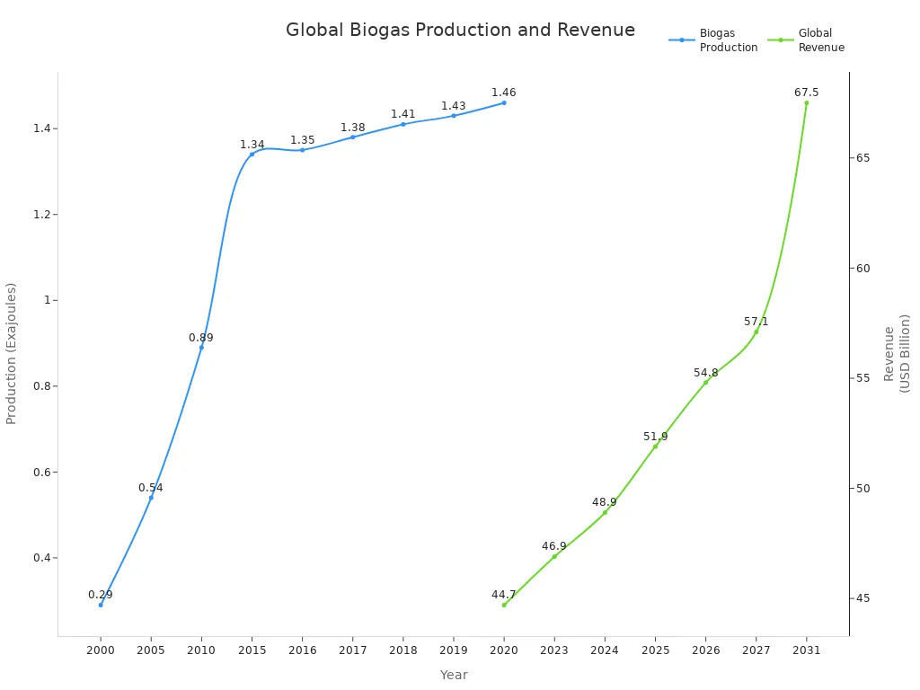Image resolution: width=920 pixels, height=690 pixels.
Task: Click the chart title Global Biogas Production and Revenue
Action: [x=460, y=30]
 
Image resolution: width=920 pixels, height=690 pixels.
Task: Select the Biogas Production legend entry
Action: [x=714, y=40]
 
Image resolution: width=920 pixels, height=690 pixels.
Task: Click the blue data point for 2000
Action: [x=101, y=605]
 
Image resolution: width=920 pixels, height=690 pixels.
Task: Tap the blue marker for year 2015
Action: [x=252, y=154]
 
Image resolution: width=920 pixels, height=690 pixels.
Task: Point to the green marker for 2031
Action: [x=806, y=102]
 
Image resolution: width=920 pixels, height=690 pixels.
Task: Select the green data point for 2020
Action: [x=504, y=605]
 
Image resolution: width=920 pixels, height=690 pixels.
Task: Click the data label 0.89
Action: [x=201, y=338]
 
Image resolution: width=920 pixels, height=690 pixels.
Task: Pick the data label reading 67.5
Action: [x=806, y=93]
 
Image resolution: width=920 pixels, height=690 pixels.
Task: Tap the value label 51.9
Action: [x=655, y=437]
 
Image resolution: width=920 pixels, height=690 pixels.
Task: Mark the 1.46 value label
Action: [x=504, y=93]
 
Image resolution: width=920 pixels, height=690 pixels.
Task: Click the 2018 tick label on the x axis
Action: [x=402, y=650]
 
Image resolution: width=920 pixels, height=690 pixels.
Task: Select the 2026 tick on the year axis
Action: [x=705, y=650]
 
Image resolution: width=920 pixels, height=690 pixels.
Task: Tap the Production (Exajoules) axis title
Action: [x=12, y=353]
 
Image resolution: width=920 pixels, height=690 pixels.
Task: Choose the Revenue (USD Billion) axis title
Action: [x=897, y=353]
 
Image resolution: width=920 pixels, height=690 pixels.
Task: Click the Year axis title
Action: [x=454, y=675]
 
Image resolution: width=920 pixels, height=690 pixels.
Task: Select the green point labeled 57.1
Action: [x=756, y=332]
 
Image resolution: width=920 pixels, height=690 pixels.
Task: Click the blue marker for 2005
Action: [x=151, y=497]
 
